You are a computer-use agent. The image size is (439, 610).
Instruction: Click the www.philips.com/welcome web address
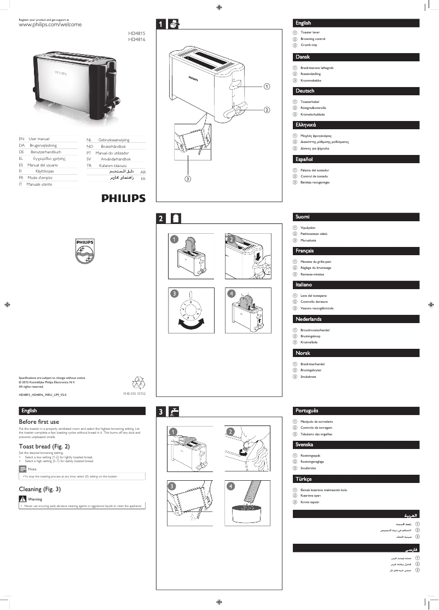pyautogui.click(x=50, y=25)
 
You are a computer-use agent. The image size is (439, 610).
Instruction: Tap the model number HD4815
pyautogui.click(x=137, y=34)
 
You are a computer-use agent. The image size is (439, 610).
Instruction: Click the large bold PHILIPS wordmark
pyautogui.click(x=123, y=198)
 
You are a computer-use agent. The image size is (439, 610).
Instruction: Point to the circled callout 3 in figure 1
pyautogui.click(x=187, y=179)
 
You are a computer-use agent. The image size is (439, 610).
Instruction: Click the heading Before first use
pyautogui.click(x=39, y=422)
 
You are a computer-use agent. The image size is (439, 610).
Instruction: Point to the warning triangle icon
pyautogui.click(x=22, y=499)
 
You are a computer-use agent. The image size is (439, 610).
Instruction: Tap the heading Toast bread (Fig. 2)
pyautogui.click(x=44, y=446)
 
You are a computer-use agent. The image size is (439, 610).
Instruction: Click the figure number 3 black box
pyautogui.click(x=161, y=412)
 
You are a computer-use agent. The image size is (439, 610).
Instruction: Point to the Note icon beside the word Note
pyautogui.click(x=22, y=469)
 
